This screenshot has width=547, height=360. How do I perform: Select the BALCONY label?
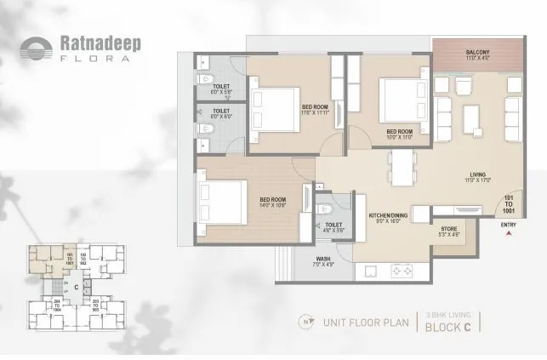click(x=476, y=52)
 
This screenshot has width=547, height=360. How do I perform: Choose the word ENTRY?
click(x=509, y=226)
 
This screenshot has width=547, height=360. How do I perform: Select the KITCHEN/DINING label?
click(x=389, y=217)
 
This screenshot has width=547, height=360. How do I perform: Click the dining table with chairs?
click(x=401, y=169)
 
